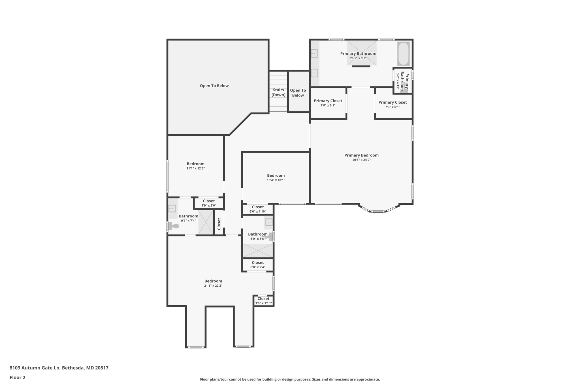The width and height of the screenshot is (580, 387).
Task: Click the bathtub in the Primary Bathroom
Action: point(403,54)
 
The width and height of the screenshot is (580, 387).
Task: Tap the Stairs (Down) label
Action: point(278,92)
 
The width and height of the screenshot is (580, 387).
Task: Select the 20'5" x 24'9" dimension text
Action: point(361,160)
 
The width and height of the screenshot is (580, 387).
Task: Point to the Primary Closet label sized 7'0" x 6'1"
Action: point(328,101)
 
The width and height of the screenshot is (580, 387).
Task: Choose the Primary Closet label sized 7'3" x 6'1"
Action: point(393,102)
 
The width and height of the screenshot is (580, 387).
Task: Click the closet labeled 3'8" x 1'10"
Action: point(263,301)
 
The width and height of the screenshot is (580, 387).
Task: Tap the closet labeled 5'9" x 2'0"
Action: point(209,203)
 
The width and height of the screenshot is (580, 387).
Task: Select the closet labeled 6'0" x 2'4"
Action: point(258,265)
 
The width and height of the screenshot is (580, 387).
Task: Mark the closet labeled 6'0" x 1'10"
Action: point(258,209)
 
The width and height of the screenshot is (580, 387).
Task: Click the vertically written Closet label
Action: point(219,224)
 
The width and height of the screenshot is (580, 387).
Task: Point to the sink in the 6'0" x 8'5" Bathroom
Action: point(268,222)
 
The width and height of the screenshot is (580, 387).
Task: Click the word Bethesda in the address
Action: point(73,368)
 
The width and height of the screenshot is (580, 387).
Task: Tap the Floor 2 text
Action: point(18,377)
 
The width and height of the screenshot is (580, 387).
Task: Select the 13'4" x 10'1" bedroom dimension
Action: point(276,180)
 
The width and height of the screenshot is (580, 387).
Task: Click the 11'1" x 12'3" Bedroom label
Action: point(195,164)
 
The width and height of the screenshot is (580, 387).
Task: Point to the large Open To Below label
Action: point(214,86)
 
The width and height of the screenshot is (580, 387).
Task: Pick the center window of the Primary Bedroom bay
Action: point(378,212)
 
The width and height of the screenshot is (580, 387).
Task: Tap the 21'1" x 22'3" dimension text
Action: point(213,286)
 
